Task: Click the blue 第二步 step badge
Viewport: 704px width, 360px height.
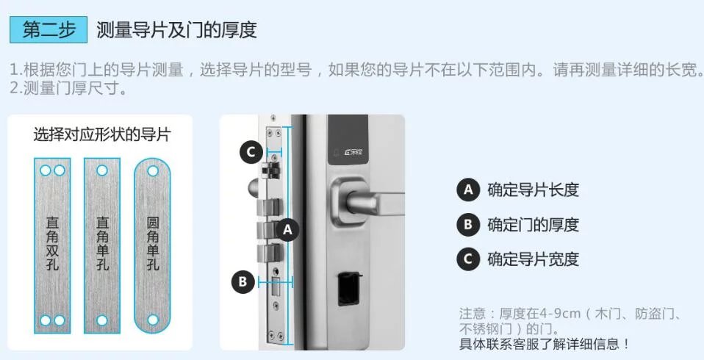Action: point(49,30)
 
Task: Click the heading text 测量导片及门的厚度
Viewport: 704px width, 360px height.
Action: point(176,30)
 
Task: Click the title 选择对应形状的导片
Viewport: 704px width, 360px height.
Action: point(101,134)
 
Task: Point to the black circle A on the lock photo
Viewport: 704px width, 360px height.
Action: point(287,229)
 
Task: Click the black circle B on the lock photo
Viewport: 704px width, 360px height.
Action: point(244,281)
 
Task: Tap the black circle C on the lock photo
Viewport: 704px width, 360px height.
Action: point(251,152)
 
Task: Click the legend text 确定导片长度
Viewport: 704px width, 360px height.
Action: point(533,190)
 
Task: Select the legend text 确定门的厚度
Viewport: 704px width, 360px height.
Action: point(533,225)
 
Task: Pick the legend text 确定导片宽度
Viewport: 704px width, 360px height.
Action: point(533,259)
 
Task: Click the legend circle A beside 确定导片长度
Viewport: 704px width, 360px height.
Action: point(467,190)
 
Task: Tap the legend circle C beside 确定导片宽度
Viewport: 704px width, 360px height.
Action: point(467,259)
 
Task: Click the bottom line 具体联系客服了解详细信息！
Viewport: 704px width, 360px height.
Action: point(545,344)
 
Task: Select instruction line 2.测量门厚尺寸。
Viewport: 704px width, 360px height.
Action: point(68,89)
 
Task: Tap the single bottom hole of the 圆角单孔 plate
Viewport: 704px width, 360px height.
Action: point(153,320)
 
